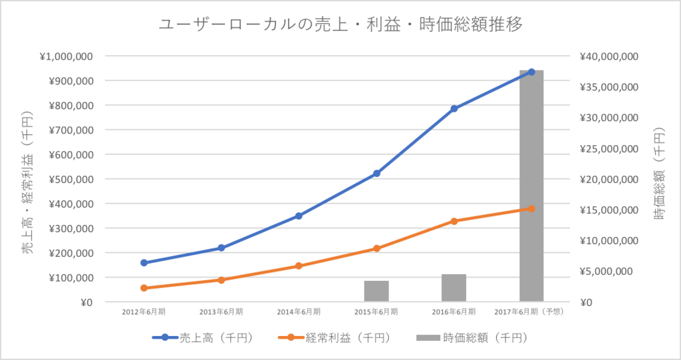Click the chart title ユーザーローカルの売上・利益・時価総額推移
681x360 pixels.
[340, 25]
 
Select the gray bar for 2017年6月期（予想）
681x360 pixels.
[531, 186]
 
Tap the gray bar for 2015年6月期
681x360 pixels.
[376, 291]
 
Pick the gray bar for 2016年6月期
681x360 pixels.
[454, 288]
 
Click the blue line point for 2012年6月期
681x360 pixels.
[144, 263]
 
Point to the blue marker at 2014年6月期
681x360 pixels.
[299, 216]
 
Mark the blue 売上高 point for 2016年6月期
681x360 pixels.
[454, 108]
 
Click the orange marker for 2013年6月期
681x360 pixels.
[221, 279]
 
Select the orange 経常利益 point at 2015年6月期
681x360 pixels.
[376, 248]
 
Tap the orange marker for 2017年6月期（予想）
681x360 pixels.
[531, 208]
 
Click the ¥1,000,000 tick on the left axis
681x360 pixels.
[66, 57]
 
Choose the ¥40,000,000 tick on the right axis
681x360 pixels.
[609, 57]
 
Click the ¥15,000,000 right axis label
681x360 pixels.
[609, 210]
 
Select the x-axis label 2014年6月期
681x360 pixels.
[299, 311]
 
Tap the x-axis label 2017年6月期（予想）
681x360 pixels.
[529, 311]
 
